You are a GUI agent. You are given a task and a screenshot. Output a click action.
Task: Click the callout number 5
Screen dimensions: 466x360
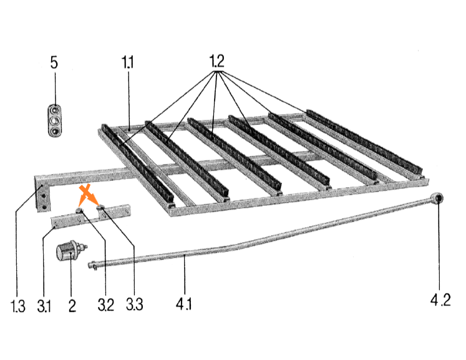pos(54,63)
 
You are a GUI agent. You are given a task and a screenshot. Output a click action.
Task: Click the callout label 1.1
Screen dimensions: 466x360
pos(127,62)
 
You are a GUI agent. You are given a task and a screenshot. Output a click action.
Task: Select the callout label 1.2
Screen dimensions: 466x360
pos(216,61)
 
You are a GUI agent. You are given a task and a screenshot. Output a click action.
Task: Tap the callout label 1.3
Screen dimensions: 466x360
pos(18,306)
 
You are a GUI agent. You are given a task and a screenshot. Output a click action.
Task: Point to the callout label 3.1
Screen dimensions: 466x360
pos(44,306)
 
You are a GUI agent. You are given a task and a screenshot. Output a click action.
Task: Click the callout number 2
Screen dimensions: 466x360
pos(72,306)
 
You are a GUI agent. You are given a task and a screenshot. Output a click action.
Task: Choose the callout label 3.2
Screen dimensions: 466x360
pos(106,305)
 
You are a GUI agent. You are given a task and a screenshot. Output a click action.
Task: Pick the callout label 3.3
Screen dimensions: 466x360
pos(135,304)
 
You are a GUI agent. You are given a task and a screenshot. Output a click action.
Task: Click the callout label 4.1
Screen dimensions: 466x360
pos(183,304)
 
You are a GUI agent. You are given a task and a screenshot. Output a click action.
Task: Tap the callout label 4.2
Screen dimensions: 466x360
pos(440,299)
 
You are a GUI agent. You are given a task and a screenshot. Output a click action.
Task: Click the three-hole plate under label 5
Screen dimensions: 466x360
pos(55,120)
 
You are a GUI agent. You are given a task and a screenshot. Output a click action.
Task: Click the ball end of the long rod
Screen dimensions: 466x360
pos(437,198)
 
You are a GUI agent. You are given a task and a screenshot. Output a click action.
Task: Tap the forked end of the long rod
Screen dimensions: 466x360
pos(93,265)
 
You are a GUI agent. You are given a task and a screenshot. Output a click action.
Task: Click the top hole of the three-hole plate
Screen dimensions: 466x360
pos(55,110)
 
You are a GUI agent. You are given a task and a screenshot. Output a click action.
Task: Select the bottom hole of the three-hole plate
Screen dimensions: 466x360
pos(55,131)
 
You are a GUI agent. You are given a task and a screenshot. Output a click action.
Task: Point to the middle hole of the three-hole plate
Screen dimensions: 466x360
pos(55,120)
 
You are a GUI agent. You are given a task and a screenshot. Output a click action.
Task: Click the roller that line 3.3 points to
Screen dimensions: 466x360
pos(100,208)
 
